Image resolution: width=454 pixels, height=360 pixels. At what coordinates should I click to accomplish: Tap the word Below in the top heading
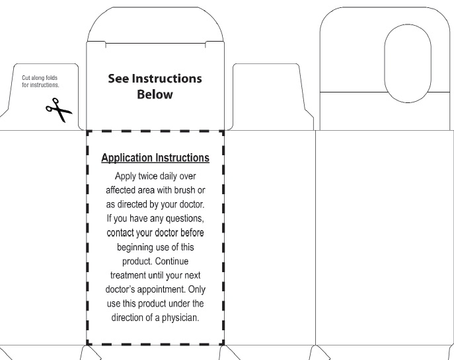tap(155, 94)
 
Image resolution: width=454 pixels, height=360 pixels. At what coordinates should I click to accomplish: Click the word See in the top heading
tap(120, 79)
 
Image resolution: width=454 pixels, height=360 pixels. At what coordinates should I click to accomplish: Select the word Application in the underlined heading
tap(126, 159)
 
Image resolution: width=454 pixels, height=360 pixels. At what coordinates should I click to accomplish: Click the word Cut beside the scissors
tap(27, 78)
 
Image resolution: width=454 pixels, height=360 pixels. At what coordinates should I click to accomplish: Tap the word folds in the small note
tap(52, 78)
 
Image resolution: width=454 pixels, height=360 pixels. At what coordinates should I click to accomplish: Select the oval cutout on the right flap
tap(408, 64)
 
